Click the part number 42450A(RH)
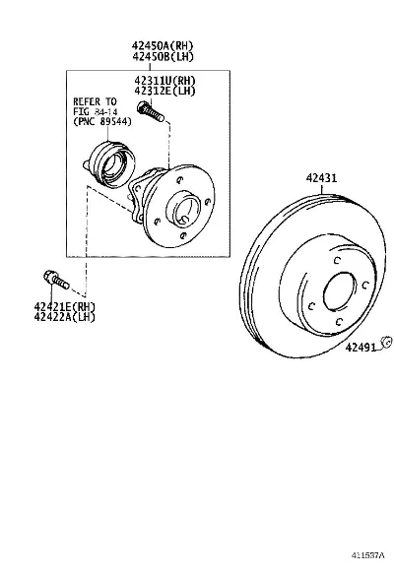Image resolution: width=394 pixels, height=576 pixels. (x=163, y=45)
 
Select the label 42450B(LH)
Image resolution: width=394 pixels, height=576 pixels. (x=163, y=56)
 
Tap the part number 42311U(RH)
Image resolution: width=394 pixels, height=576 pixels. (x=164, y=80)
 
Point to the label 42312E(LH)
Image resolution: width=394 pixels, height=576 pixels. (x=164, y=91)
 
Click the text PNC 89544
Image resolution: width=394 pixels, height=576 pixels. (x=102, y=121)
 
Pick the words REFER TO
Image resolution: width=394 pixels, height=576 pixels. (x=95, y=101)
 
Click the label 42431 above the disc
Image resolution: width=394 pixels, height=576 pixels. (x=321, y=178)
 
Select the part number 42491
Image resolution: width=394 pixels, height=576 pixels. (x=361, y=348)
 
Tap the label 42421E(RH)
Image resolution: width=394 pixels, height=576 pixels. (x=65, y=306)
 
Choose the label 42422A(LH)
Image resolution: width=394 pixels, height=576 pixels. (x=65, y=317)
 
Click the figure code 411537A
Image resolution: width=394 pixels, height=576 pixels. (x=368, y=554)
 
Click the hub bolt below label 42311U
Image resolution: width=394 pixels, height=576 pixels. (x=151, y=111)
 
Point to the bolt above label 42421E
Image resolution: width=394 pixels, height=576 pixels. (x=56, y=280)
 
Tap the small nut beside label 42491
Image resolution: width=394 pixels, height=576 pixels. (x=386, y=342)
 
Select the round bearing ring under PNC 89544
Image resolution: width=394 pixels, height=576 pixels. (x=113, y=165)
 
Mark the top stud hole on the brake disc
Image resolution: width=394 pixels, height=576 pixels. (x=337, y=261)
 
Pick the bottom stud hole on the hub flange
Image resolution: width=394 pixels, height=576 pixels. (x=184, y=235)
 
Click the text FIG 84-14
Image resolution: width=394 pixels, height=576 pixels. (x=96, y=111)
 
